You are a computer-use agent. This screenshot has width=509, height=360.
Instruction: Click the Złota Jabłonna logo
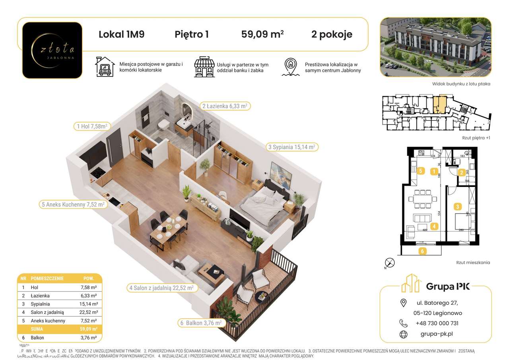(x=52, y=50)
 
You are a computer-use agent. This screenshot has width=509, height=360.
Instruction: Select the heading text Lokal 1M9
(x=121, y=35)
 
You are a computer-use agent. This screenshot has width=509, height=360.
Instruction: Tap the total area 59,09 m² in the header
(x=262, y=35)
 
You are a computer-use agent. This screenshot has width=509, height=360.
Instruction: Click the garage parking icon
(x=105, y=67)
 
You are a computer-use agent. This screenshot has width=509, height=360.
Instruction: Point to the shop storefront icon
(x=204, y=67)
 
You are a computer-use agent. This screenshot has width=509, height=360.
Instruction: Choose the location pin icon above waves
(x=291, y=67)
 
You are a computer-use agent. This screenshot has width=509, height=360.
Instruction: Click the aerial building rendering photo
(x=435, y=47)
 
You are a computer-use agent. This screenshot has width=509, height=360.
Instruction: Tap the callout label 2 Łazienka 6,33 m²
(x=225, y=106)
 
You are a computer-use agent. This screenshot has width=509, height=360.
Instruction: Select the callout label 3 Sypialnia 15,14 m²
(x=291, y=147)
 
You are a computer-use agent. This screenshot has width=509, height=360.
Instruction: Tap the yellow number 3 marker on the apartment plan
(x=458, y=206)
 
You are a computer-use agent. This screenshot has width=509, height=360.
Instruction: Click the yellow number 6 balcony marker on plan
(x=423, y=251)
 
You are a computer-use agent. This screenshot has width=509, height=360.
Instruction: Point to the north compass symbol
(x=390, y=263)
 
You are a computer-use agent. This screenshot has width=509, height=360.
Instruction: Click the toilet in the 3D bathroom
(x=163, y=126)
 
